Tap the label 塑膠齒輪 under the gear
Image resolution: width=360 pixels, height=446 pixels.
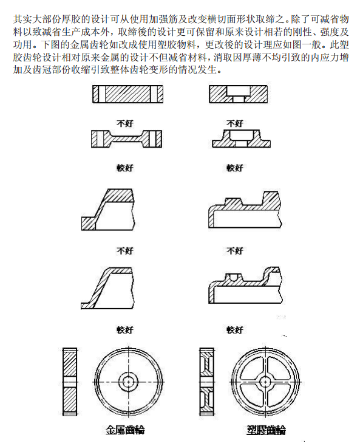(x=265, y=430)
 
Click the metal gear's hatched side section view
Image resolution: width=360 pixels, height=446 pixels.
(x=70, y=381)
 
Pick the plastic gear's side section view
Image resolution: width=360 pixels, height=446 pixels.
(x=208, y=381)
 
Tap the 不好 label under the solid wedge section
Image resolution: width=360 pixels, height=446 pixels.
(x=124, y=250)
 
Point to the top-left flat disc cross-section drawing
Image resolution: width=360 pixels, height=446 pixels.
(x=127, y=94)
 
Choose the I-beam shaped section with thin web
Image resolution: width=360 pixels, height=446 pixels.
(x=126, y=139)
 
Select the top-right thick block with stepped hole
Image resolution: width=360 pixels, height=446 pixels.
(x=237, y=94)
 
